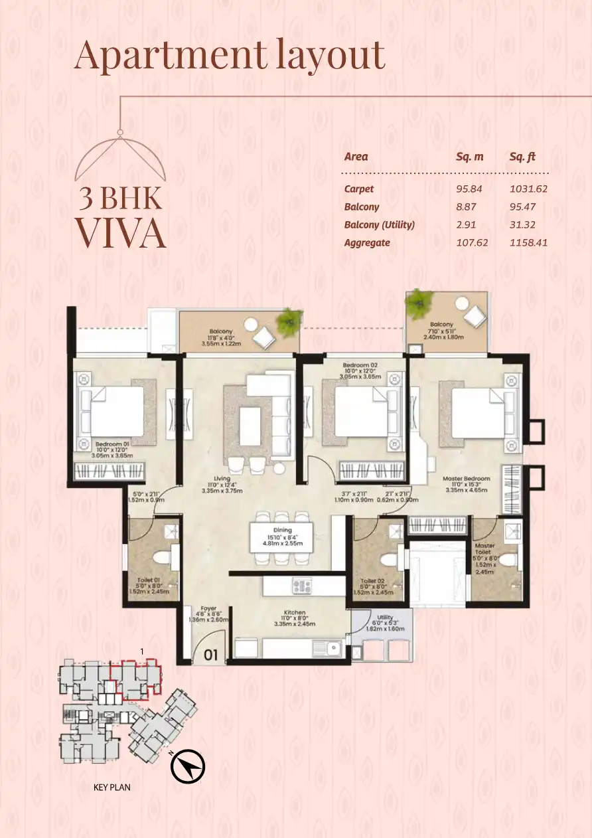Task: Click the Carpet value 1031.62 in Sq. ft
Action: click(x=528, y=189)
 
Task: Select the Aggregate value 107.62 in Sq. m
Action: click(x=472, y=243)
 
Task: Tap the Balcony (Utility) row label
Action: click(x=379, y=225)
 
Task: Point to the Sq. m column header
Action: click(x=469, y=157)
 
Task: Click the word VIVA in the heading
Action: click(x=120, y=232)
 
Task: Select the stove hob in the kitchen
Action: click(x=302, y=586)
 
